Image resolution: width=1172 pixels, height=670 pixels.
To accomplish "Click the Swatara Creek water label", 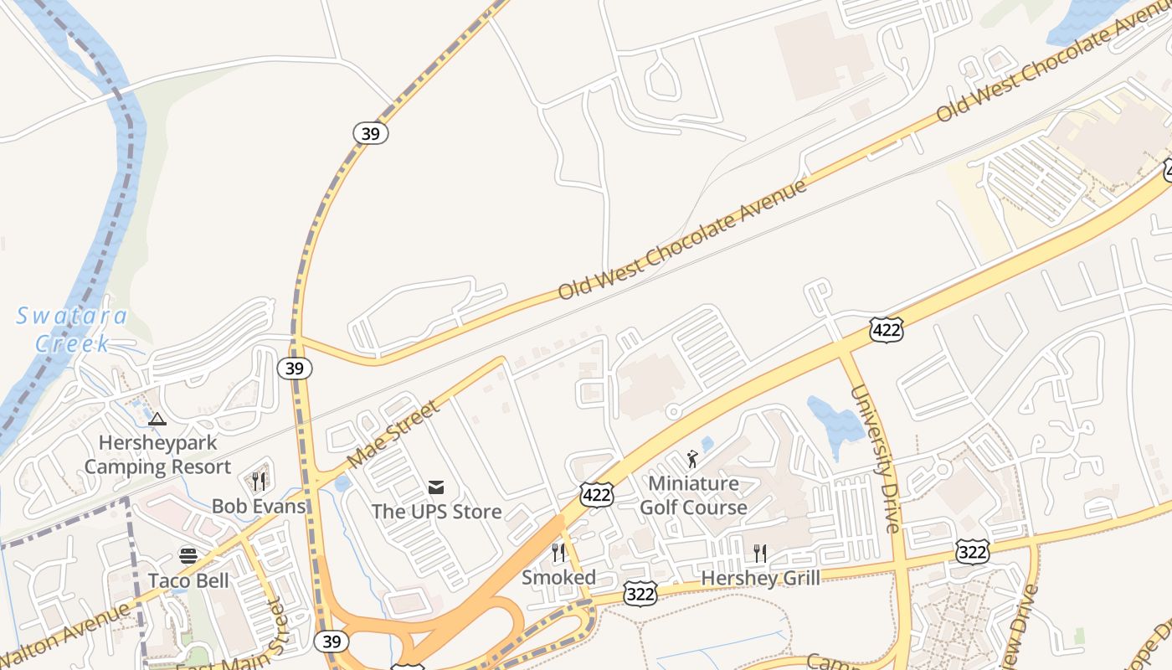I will click(72, 329).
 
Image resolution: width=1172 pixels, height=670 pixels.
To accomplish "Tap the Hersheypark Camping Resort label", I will click(157, 455).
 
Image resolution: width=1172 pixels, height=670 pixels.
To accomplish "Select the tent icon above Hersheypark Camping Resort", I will click(157, 419).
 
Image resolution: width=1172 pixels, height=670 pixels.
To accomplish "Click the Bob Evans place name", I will click(258, 506).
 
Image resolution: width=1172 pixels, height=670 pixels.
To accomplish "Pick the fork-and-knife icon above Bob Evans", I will click(259, 481).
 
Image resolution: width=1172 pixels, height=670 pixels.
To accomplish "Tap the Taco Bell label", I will click(188, 580).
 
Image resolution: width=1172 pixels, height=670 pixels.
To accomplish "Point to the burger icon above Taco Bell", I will click(188, 555).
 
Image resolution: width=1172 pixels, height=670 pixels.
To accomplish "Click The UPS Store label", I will click(436, 511).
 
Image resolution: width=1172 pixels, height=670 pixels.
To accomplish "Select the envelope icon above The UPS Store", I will click(436, 487).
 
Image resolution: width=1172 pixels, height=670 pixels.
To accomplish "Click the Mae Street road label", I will click(393, 434).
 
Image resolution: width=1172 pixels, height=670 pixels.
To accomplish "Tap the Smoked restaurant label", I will click(558, 577).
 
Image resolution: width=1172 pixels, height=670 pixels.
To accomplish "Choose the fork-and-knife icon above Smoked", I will click(558, 552).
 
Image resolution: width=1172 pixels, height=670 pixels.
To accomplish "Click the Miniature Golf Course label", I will click(693, 495).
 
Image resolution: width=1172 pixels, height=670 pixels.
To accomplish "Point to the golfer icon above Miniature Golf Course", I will click(692, 458).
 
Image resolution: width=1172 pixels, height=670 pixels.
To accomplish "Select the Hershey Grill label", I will click(760, 578).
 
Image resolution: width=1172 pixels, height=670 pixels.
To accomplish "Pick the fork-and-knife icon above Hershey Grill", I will click(759, 553).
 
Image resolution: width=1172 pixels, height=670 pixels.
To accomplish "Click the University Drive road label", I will click(876, 458).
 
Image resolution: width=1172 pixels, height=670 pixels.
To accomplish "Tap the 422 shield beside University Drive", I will click(886, 331).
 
